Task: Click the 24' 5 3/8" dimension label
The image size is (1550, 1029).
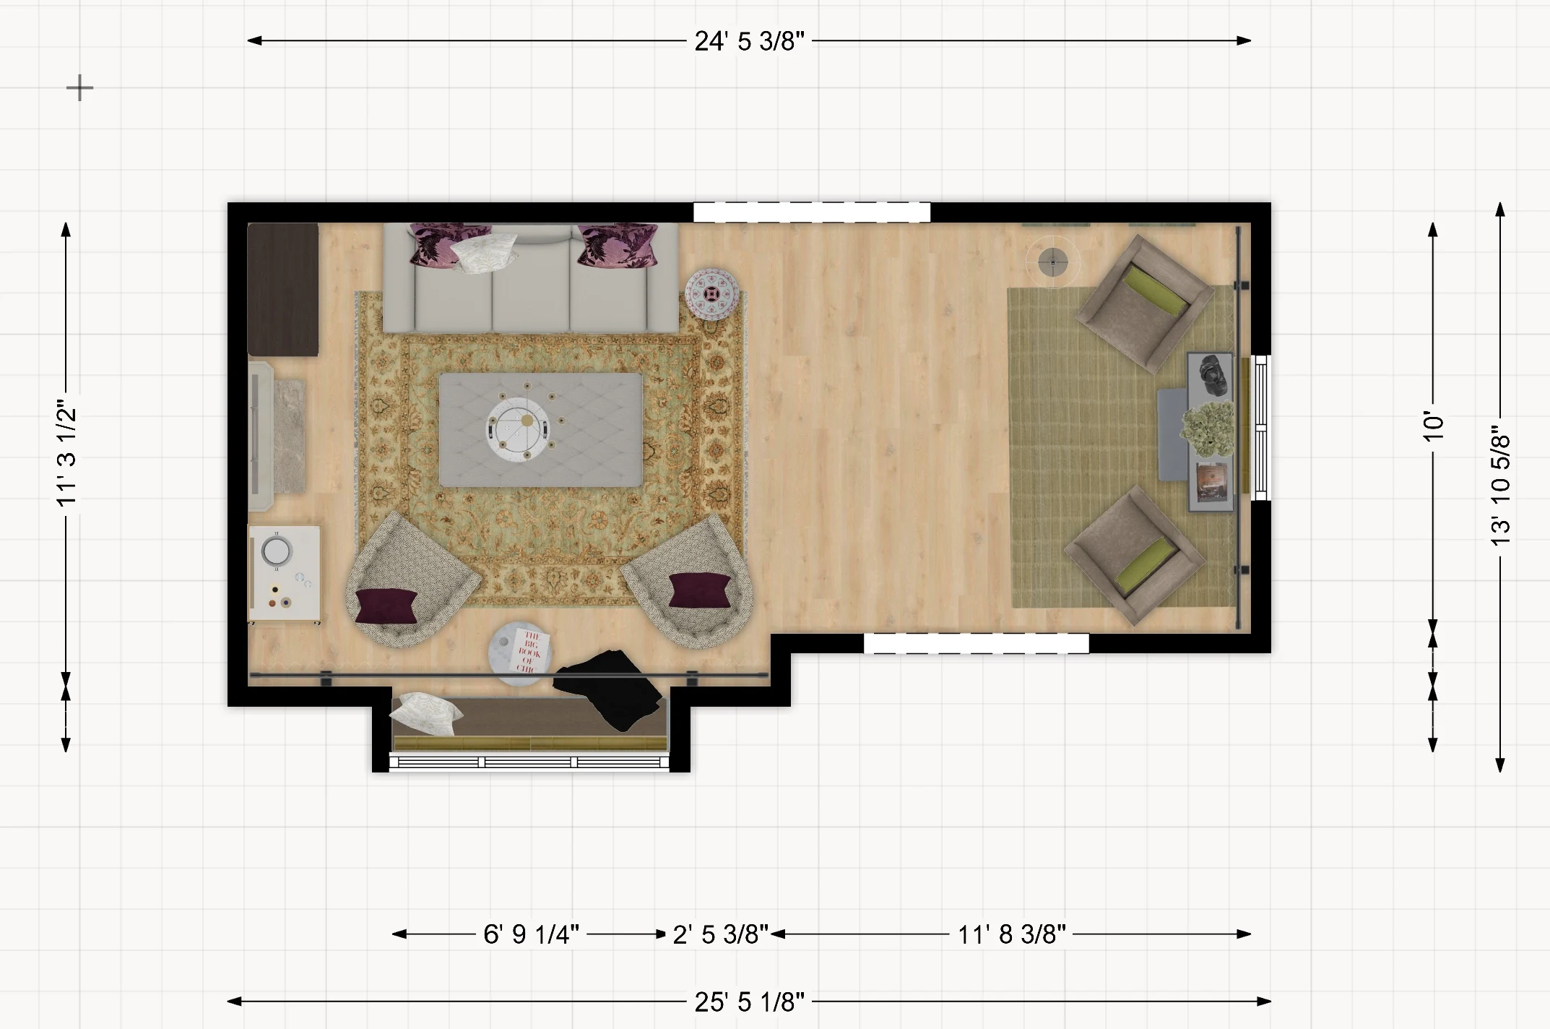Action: coord(749,41)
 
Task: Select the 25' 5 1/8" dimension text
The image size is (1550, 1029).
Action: coord(749,1002)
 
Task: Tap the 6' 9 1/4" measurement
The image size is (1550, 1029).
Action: coord(531,934)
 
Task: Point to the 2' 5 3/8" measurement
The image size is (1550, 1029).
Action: coord(720,934)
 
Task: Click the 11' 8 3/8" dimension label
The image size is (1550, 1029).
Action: coord(1011,934)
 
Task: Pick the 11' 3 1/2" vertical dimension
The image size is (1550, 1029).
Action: coord(66,453)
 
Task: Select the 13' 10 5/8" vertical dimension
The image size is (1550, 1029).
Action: coord(1500,490)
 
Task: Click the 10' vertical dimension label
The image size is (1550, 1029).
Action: coord(1433,426)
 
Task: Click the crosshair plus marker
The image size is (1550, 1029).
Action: coord(79,89)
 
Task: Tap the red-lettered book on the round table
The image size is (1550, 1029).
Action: coord(530,652)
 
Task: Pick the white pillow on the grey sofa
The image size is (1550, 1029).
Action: coord(484,253)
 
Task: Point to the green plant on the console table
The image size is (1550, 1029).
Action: coord(1207,429)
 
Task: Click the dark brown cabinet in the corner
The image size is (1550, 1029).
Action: coord(283,289)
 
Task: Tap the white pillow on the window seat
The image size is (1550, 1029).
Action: coord(425,714)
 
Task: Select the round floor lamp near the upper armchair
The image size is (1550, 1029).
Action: coord(1053,262)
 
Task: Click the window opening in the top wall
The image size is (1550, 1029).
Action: coord(812,212)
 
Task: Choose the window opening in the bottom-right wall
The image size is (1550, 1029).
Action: coord(977,643)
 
